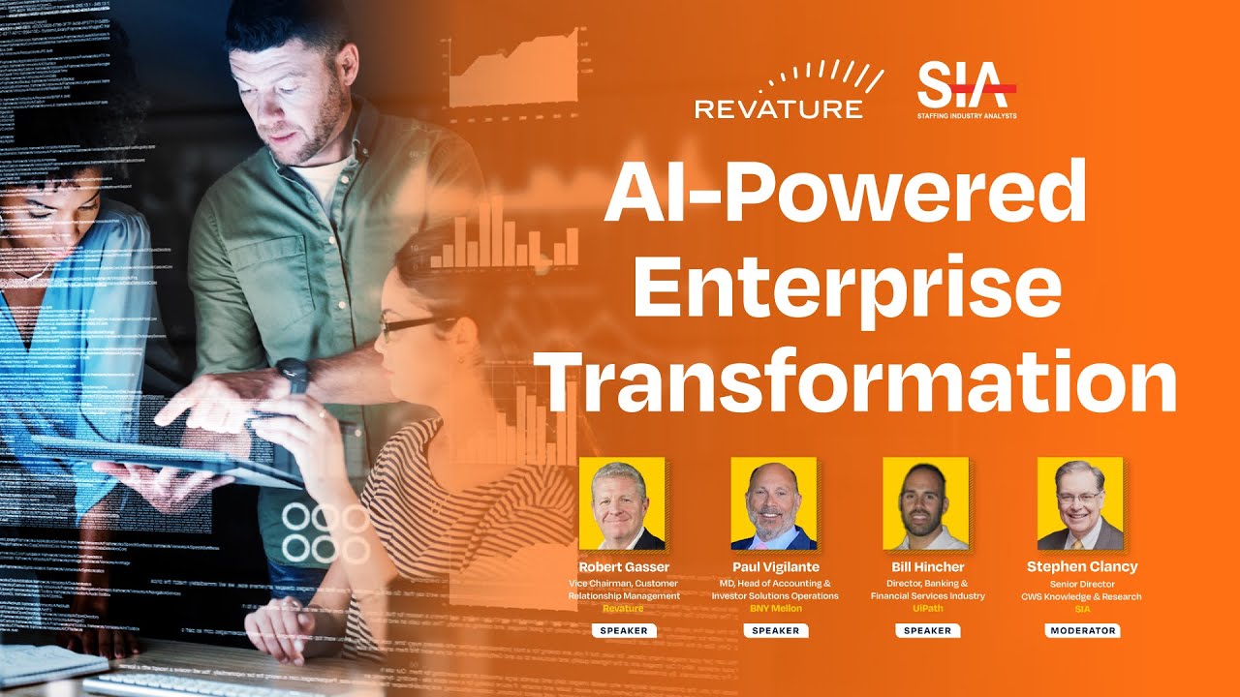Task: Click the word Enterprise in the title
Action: point(852,288)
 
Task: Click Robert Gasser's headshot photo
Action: point(622,503)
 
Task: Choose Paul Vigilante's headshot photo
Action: point(774,503)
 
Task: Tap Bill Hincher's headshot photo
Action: point(926,503)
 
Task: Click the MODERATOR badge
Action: point(1082,630)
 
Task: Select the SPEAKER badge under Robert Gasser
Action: point(623,630)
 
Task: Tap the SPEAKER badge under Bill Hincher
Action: point(927,630)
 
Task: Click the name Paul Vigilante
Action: point(775,566)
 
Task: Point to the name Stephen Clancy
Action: point(1082,566)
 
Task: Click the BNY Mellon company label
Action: point(775,609)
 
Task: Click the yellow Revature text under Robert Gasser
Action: point(623,609)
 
